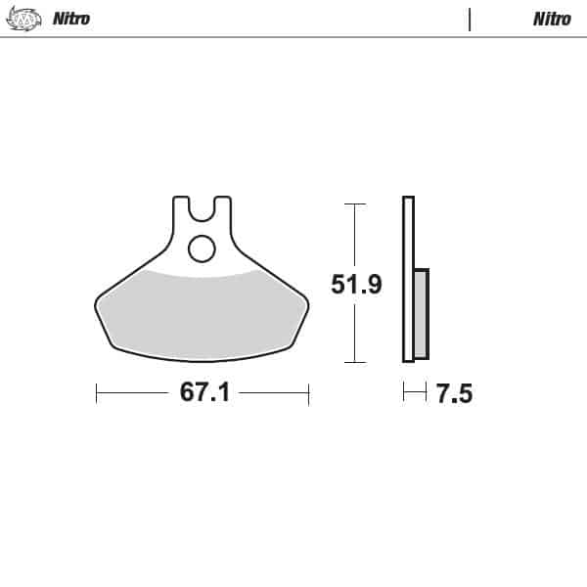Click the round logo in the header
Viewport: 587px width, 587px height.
pos(32,19)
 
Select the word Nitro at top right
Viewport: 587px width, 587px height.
pos(552,19)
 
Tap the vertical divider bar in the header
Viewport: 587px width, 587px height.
pos(471,19)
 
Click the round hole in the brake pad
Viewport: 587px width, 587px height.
pos(202,249)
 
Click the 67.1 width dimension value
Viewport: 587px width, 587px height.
pos(203,393)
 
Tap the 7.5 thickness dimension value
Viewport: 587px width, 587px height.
pos(454,394)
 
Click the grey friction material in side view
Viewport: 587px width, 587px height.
pos(421,313)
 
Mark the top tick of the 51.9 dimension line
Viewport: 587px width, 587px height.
pos(354,203)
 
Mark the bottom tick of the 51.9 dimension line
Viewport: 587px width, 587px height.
pos(354,363)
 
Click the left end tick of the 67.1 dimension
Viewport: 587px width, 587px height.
pos(96,393)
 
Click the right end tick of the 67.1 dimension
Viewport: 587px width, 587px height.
pos(308,393)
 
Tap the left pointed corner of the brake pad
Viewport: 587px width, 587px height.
pos(95,301)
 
